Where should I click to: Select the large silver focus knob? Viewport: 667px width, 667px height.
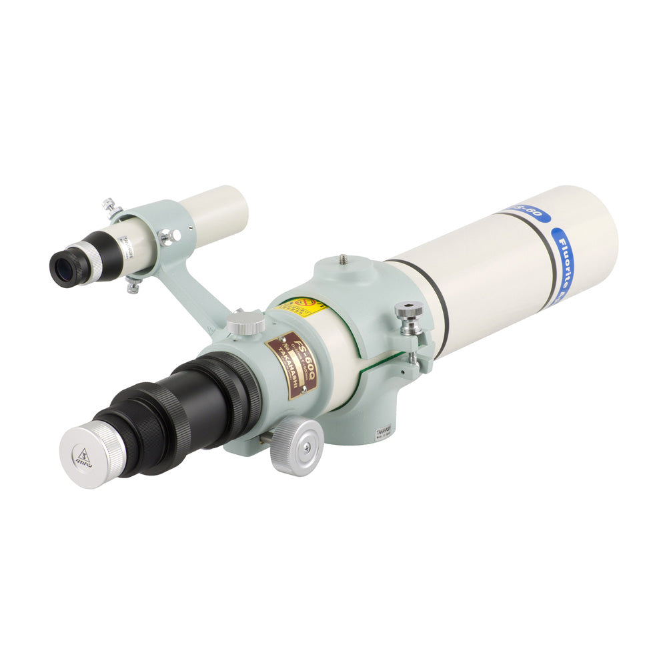click(297, 446)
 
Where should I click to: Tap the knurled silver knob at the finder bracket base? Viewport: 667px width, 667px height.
click(245, 323)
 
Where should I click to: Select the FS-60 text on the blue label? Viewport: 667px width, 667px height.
click(530, 213)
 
